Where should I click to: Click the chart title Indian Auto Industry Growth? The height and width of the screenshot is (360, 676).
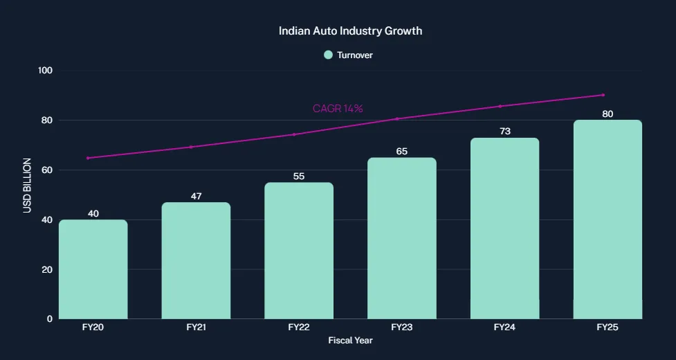[x=350, y=31]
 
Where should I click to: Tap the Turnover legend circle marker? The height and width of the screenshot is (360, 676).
[x=329, y=55]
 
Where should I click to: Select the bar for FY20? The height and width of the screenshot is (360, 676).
[x=93, y=269]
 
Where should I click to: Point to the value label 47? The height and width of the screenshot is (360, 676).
[x=196, y=196]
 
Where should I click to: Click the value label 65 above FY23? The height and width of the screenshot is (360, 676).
[x=401, y=152]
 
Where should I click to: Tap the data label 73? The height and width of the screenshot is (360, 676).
[x=504, y=132]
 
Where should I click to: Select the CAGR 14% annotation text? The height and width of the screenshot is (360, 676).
[x=338, y=109]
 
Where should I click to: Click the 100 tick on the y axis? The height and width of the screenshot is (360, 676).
[x=46, y=71]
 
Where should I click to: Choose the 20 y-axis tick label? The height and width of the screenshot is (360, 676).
[x=48, y=269]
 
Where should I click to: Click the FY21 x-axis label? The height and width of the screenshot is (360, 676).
[x=196, y=327]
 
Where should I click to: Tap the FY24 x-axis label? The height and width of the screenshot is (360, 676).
[x=504, y=327]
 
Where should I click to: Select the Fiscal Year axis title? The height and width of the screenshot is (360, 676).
[x=350, y=341]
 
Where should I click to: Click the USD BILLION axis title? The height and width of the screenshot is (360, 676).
[x=28, y=185]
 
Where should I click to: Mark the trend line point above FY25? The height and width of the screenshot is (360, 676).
[x=603, y=95]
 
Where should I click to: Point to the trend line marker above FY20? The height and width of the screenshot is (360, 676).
[x=88, y=158]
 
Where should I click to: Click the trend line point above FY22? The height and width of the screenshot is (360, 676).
[x=294, y=134]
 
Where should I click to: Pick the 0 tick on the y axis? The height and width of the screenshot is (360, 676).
[x=50, y=319]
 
